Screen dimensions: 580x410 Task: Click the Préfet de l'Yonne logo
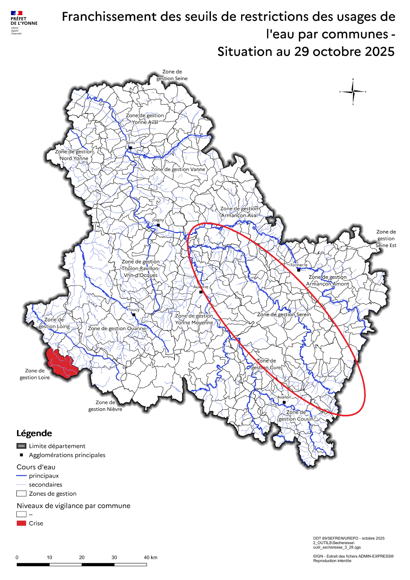pyautogui.click(x=23, y=23)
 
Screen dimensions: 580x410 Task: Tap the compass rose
pyautogui.click(x=353, y=92)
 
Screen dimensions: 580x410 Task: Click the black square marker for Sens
pyautogui.click(x=131, y=148)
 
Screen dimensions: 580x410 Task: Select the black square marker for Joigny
pyautogui.click(x=158, y=225)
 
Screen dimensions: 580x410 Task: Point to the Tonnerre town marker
pyautogui.click(x=299, y=270)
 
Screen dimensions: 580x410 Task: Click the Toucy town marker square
pyautogui.click(x=134, y=315)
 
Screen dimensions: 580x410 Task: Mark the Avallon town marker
pyautogui.click(x=284, y=402)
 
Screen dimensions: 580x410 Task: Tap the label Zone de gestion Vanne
pyautogui.click(x=178, y=169)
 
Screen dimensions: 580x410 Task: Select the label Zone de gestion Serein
pyautogui.click(x=284, y=314)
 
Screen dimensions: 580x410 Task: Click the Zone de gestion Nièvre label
pyautogui.click(x=105, y=406)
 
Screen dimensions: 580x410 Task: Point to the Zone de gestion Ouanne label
pyautogui.click(x=117, y=328)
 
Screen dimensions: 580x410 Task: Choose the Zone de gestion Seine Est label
pyautogui.click(x=386, y=239)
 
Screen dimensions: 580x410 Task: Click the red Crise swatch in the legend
pyautogui.click(x=21, y=523)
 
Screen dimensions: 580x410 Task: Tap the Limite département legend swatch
pyautogui.click(x=21, y=446)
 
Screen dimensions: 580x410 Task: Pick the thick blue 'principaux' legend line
pyautogui.click(x=21, y=476)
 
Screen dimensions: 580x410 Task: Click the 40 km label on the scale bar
pyautogui.click(x=150, y=557)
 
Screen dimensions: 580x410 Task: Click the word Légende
pyautogui.click(x=34, y=433)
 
